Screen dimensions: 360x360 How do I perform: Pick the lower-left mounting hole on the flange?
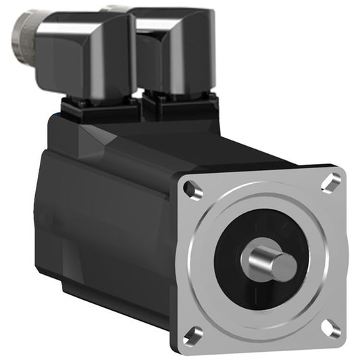point(193,332)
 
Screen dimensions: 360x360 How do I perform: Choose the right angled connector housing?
point(176,54)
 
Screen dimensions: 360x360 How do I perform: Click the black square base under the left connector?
point(101,108)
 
